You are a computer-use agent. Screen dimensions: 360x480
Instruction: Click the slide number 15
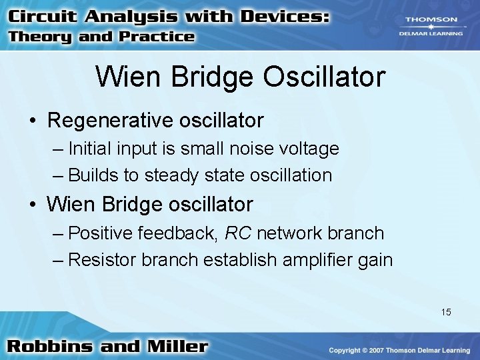pyautogui.click(x=446, y=311)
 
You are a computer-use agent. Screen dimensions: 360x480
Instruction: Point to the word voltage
pyautogui.click(x=312, y=148)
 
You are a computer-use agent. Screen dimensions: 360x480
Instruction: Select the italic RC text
pyautogui.click(x=238, y=233)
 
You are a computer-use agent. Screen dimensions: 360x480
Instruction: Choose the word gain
pyautogui.click(x=375, y=259)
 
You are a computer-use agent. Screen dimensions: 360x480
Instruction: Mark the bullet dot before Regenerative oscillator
pyautogui.click(x=32, y=121)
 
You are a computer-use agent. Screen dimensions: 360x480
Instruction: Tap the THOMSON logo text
pyautogui.click(x=432, y=20)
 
